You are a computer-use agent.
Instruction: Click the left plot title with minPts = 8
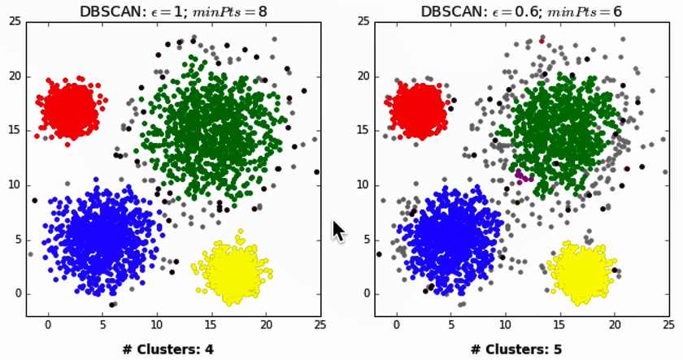click(173, 11)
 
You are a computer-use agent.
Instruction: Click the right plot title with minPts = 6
click(521, 11)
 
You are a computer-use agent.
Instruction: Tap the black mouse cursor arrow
click(338, 231)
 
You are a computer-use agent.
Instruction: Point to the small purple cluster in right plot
click(524, 176)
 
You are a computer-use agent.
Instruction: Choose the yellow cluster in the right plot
click(581, 273)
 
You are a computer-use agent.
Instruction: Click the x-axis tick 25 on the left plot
click(320, 323)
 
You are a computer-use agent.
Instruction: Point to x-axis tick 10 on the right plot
click(505, 323)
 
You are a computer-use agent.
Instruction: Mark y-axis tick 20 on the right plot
click(364, 76)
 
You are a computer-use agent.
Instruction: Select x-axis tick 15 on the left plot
click(211, 323)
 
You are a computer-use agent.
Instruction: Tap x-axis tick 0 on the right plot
click(396, 323)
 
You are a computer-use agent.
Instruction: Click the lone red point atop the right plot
click(542, 41)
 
